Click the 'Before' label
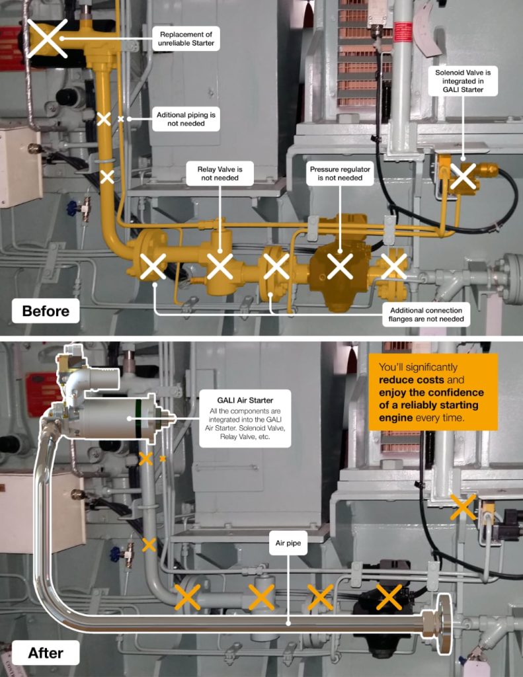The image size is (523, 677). click(x=46, y=311)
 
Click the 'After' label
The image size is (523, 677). click(x=46, y=653)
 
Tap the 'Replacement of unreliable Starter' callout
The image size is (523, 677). click(x=186, y=38)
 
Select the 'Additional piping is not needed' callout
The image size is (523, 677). click(x=186, y=119)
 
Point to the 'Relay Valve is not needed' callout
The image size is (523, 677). click(x=220, y=174)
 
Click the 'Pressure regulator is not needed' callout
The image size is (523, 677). click(x=340, y=174)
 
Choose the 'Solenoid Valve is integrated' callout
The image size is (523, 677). click(x=463, y=81)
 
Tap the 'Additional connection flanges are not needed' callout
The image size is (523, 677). click(x=426, y=315)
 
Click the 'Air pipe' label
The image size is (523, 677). click(x=288, y=543)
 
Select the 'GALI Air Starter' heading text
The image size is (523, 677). click(x=245, y=400)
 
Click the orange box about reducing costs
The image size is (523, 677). click(x=433, y=392)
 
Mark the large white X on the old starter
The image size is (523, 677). click(x=48, y=38)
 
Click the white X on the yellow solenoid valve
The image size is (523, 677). click(x=463, y=176)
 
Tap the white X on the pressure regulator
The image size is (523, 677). click(x=340, y=266)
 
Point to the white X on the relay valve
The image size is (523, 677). click(x=220, y=266)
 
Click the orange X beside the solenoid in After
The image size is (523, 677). click(x=463, y=507)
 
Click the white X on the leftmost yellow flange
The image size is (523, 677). click(x=153, y=266)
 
